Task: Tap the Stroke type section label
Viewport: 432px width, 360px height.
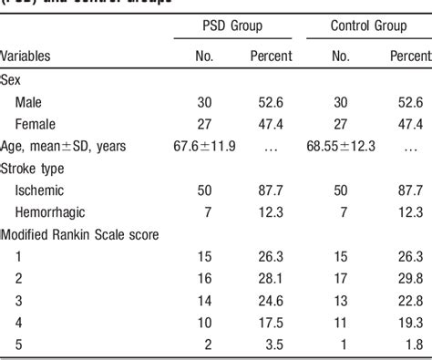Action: [x=34, y=169]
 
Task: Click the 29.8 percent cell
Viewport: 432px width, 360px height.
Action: [x=412, y=279]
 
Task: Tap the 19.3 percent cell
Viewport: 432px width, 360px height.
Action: [x=412, y=323]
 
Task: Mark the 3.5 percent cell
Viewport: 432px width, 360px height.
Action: [x=274, y=345]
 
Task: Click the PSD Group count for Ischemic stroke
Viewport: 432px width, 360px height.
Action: [x=205, y=190]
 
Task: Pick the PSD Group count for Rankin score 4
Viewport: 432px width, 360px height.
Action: [x=205, y=323]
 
